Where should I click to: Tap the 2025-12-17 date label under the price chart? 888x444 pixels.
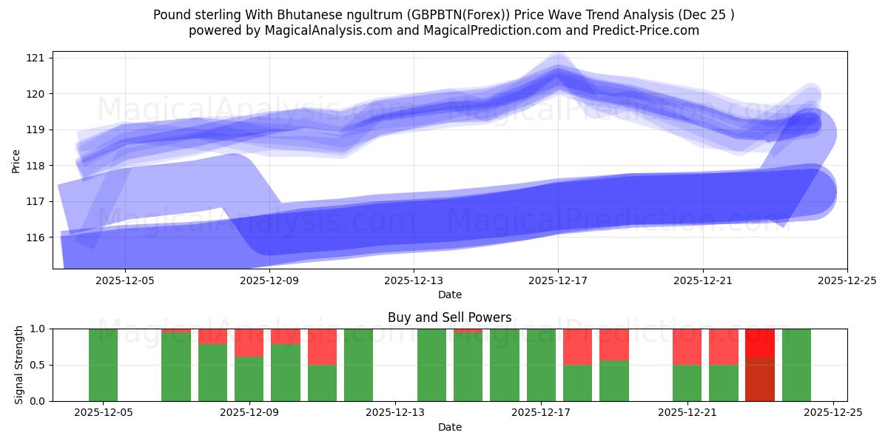558,281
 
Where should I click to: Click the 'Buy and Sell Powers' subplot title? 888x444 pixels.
449,317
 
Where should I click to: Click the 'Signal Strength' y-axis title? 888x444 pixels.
20,365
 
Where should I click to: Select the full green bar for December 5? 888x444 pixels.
103,365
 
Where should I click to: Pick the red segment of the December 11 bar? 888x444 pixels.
322,346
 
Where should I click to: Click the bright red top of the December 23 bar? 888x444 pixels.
760,343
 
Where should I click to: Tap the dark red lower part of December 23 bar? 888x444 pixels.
760,379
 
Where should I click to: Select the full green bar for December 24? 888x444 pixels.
796,365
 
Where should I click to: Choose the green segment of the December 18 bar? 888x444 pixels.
577,383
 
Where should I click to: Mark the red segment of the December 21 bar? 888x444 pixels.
687,346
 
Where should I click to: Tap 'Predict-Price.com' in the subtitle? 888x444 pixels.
648,30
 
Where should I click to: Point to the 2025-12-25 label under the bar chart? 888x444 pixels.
833,412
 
